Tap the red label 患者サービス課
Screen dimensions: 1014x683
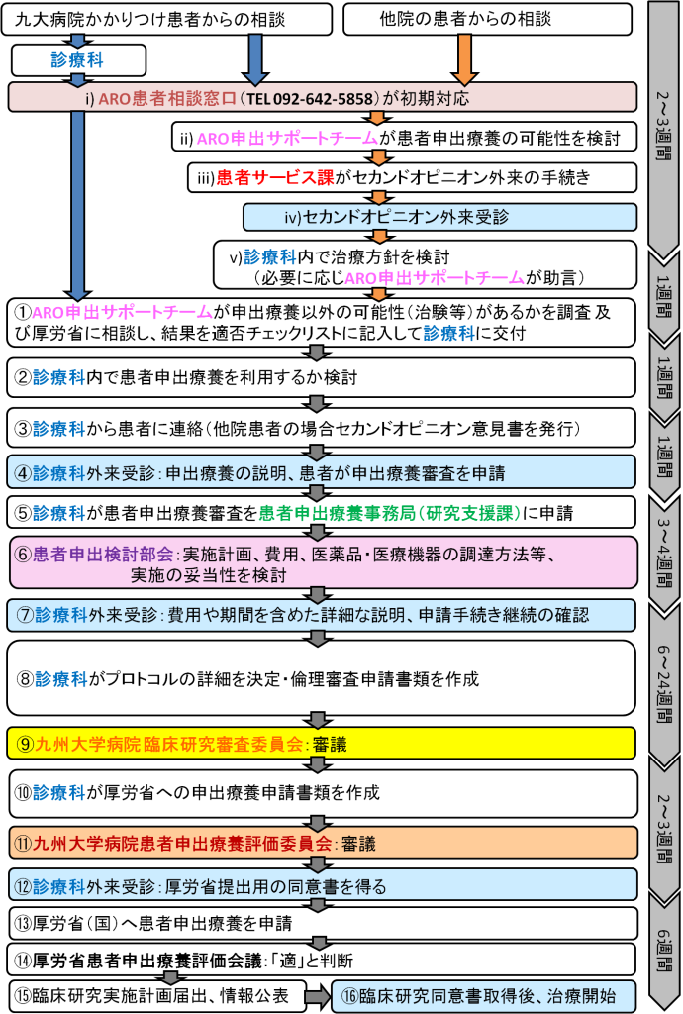click(275, 177)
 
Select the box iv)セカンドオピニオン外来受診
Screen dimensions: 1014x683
click(439, 217)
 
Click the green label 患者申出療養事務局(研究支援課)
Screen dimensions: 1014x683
click(389, 513)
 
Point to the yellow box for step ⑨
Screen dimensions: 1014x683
click(323, 743)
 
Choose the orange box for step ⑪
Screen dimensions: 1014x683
click(323, 843)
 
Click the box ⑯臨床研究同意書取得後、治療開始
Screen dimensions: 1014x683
click(483, 995)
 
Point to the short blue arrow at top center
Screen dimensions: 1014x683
click(255, 57)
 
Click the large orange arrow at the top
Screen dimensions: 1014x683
click(464, 57)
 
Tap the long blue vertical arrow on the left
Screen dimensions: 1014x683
click(78, 203)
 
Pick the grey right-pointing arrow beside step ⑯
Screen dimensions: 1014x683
click(316, 996)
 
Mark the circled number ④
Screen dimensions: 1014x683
click(23, 472)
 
